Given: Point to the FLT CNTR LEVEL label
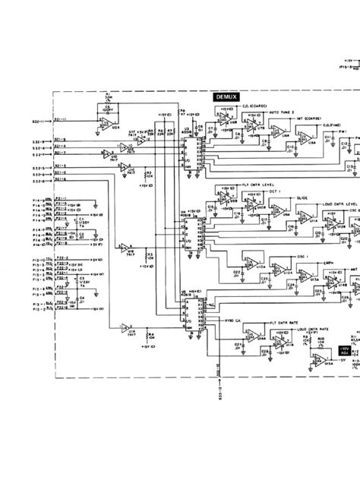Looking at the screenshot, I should point(257,184).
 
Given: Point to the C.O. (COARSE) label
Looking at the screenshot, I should point(255,106).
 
